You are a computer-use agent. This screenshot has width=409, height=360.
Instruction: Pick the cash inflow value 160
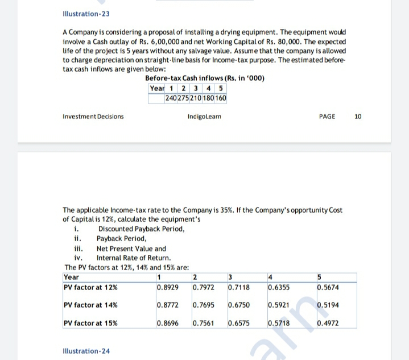(x=221, y=98)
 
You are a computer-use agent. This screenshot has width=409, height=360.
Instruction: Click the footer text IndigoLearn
(x=204, y=117)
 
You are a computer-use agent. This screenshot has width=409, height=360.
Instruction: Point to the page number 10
(x=357, y=117)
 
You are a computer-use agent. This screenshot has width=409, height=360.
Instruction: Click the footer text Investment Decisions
(x=93, y=117)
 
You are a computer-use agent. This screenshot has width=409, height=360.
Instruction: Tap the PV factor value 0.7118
(x=238, y=287)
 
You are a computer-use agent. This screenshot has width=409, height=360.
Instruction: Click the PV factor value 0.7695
(x=203, y=305)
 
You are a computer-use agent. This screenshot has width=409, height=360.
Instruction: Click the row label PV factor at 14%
(x=91, y=305)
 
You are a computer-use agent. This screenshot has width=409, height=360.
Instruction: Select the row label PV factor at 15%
(x=91, y=324)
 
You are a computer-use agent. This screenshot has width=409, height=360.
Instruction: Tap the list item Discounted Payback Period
(x=141, y=229)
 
